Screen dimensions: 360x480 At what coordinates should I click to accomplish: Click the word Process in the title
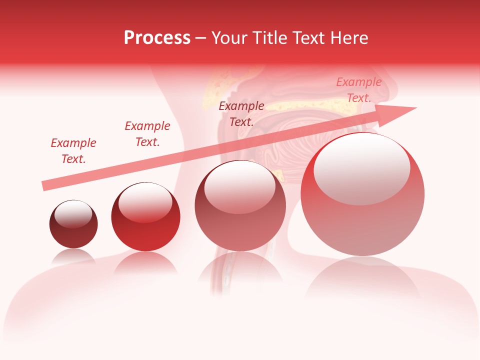point(157,38)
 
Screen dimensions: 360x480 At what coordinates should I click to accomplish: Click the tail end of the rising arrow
point(45,185)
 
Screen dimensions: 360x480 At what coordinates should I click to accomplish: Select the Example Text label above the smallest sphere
point(73,151)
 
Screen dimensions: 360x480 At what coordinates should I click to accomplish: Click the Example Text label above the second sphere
point(147,134)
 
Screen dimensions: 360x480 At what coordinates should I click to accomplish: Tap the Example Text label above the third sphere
point(241,114)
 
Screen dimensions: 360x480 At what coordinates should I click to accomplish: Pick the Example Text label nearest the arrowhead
point(359,90)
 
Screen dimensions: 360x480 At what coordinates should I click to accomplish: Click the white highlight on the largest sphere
point(362,168)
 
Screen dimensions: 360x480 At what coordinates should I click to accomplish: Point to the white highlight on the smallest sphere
point(73,214)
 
